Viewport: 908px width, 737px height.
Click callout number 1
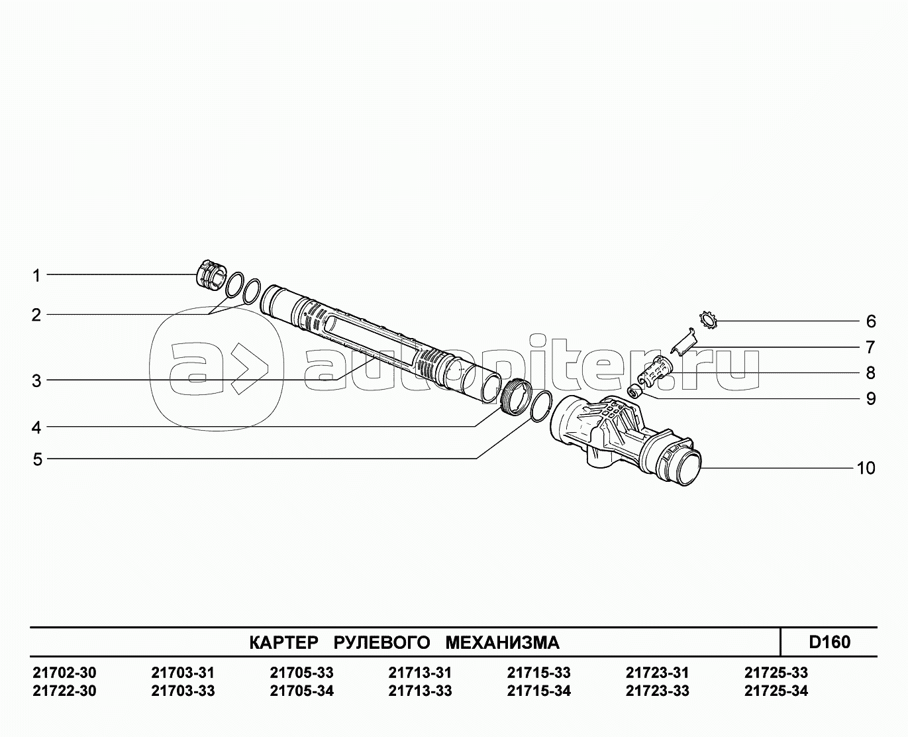[36, 276]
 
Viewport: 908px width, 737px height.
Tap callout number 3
[36, 381]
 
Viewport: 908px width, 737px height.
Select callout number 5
[38, 460]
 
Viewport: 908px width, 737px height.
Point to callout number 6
[870, 321]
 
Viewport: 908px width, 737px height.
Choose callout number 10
[866, 468]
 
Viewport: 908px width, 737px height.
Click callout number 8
[870, 372]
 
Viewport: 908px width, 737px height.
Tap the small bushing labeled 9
[635, 390]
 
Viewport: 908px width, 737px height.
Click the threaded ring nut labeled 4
[516, 396]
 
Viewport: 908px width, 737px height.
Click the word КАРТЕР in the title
[283, 643]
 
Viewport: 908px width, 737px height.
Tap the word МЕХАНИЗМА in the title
[502, 643]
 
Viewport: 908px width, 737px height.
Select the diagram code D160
[830, 642]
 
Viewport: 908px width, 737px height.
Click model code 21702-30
[64, 673]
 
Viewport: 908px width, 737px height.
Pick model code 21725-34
[776, 691]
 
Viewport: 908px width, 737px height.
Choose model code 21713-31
[420, 673]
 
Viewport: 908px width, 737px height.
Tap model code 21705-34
[302, 691]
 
